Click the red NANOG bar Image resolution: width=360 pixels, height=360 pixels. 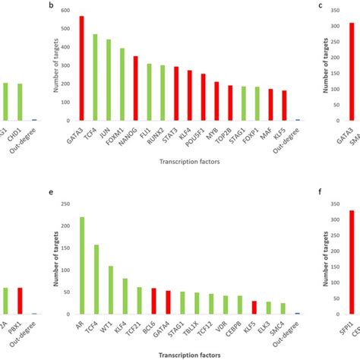coord(136,88)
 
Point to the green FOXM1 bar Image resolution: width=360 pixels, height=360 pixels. coord(122,84)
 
